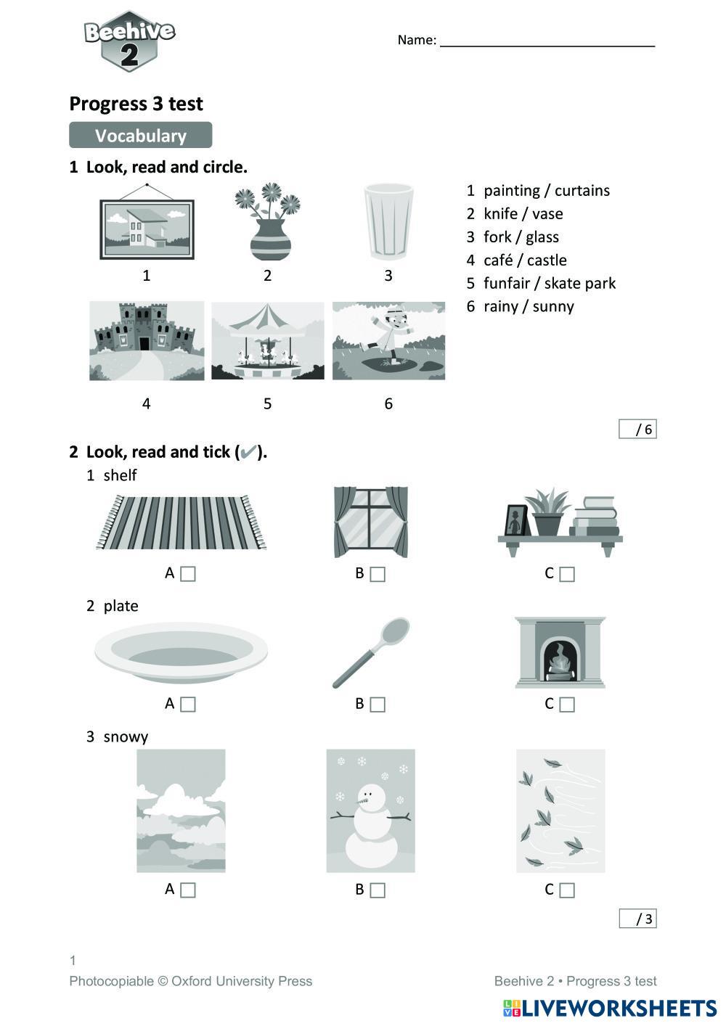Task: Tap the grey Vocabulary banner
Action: [x=140, y=136]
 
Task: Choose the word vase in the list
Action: [x=547, y=214]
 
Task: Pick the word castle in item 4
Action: [x=547, y=260]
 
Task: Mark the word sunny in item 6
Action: [x=553, y=307]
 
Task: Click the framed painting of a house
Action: [x=147, y=228]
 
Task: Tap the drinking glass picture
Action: [x=388, y=222]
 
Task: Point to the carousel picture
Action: [x=267, y=341]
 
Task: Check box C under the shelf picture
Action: [x=567, y=574]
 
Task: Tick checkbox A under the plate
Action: [x=188, y=704]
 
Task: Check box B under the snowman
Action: [x=378, y=890]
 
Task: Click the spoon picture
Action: [x=371, y=652]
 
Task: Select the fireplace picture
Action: [x=560, y=652]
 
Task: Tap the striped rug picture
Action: [x=181, y=522]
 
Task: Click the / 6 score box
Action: [x=637, y=430]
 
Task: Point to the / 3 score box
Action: [x=637, y=919]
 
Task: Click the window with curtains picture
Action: [x=370, y=522]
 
